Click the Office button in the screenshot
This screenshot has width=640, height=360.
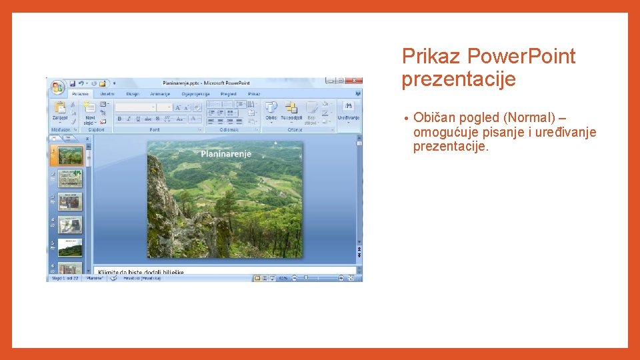(x=57, y=87)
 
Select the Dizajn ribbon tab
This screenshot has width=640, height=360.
(x=133, y=94)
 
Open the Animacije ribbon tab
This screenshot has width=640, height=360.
(x=160, y=94)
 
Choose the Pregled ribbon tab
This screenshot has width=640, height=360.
(x=228, y=94)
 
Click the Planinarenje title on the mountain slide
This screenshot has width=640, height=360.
(x=226, y=154)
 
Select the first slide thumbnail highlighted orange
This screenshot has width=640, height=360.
(x=70, y=155)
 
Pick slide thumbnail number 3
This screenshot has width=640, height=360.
(x=70, y=201)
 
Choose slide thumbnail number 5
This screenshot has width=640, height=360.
(x=70, y=247)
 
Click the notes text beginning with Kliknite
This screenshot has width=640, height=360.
(x=141, y=272)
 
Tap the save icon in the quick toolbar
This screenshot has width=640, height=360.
(x=72, y=83)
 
